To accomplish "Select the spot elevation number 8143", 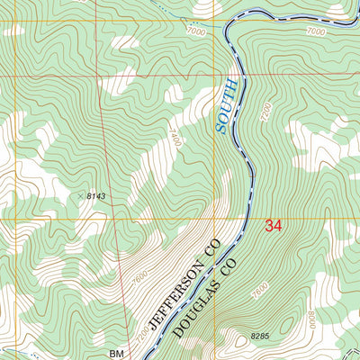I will [x=96, y=195].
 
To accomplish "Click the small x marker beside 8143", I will [x=79, y=194].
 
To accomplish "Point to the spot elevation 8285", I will [x=259, y=336].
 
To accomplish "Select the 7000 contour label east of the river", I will [x=314, y=31].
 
